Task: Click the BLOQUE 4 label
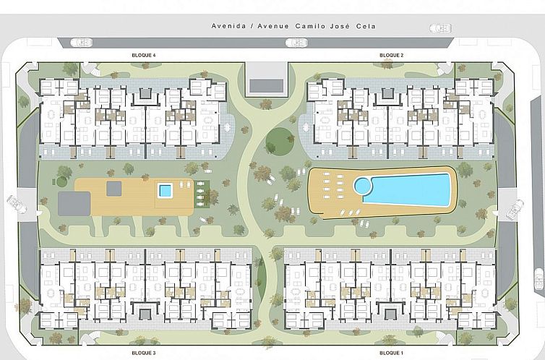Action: (x=144, y=55)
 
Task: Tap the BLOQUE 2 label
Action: (x=391, y=55)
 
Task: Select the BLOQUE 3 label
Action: (x=144, y=353)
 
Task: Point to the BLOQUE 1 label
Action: (x=391, y=353)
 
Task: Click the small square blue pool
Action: (x=165, y=191)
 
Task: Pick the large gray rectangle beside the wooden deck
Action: (x=74, y=204)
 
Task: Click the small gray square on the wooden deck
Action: (x=114, y=189)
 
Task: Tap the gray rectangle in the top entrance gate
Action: (x=266, y=86)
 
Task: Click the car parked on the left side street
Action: (x=17, y=205)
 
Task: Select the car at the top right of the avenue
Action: (x=440, y=28)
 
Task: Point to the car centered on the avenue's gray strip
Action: (x=296, y=43)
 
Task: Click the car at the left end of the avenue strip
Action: (x=82, y=43)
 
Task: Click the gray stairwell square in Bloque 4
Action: (x=145, y=93)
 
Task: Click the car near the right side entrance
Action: (x=515, y=209)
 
